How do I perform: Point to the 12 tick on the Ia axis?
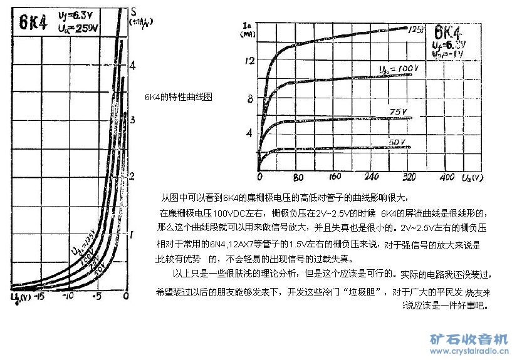(x=250, y=61)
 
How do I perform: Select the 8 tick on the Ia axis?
(x=250, y=98)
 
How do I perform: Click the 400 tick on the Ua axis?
(x=447, y=177)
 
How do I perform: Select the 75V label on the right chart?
(x=397, y=111)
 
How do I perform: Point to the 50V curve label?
(x=397, y=141)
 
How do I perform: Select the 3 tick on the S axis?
(x=130, y=120)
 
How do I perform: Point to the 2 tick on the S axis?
(x=131, y=176)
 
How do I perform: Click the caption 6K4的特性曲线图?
(x=179, y=98)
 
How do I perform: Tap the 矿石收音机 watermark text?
(x=469, y=340)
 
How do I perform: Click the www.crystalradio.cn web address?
(x=469, y=352)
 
